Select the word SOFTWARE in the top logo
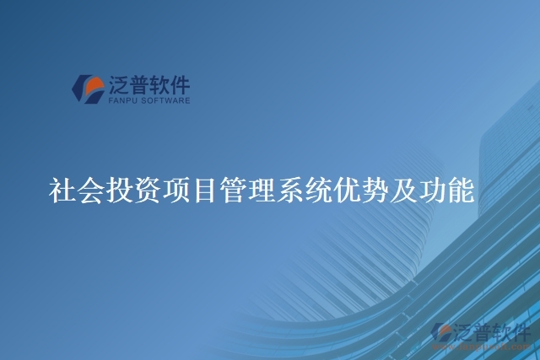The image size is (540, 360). tap(165, 100)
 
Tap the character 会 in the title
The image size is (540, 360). tap(93, 190)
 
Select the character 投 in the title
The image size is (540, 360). tap(121, 190)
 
